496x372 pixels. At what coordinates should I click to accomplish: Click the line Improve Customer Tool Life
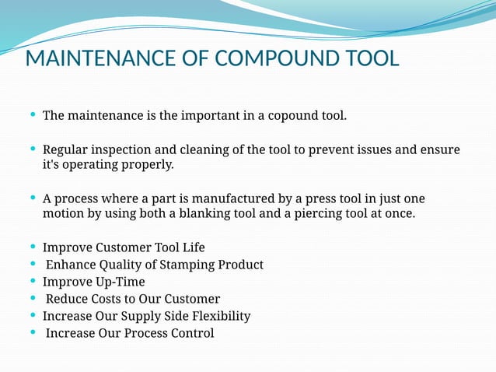click(124, 247)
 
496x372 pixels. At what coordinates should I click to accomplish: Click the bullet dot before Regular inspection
click(32, 149)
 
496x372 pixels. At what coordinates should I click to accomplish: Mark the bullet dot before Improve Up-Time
click(32, 281)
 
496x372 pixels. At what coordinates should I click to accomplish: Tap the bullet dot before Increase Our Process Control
click(32, 332)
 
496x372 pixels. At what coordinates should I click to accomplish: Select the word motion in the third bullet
click(64, 213)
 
